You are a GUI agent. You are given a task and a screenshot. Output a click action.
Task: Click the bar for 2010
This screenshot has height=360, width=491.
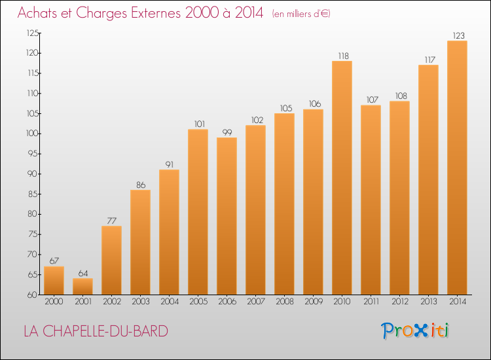[x=342, y=177]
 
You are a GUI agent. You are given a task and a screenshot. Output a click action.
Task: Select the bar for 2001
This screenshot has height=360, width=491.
[x=82, y=286]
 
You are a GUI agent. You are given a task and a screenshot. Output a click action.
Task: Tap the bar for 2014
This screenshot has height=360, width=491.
[x=457, y=168]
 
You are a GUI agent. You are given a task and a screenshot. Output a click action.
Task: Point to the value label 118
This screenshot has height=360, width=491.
[x=342, y=56]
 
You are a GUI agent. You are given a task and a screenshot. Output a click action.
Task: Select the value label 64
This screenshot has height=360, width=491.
[x=82, y=274]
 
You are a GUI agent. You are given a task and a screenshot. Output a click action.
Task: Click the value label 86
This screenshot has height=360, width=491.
[x=140, y=185]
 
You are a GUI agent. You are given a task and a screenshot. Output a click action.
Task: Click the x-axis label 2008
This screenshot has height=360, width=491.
[x=284, y=302]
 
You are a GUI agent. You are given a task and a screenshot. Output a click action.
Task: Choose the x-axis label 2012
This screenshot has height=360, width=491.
[x=399, y=302]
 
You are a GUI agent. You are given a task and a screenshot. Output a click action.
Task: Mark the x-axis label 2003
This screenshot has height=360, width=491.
[x=140, y=302]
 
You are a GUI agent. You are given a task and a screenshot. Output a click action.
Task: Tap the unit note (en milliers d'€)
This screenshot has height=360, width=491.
[x=301, y=14]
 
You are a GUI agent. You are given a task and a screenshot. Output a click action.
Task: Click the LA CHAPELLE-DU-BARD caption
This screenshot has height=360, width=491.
[x=96, y=331]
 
